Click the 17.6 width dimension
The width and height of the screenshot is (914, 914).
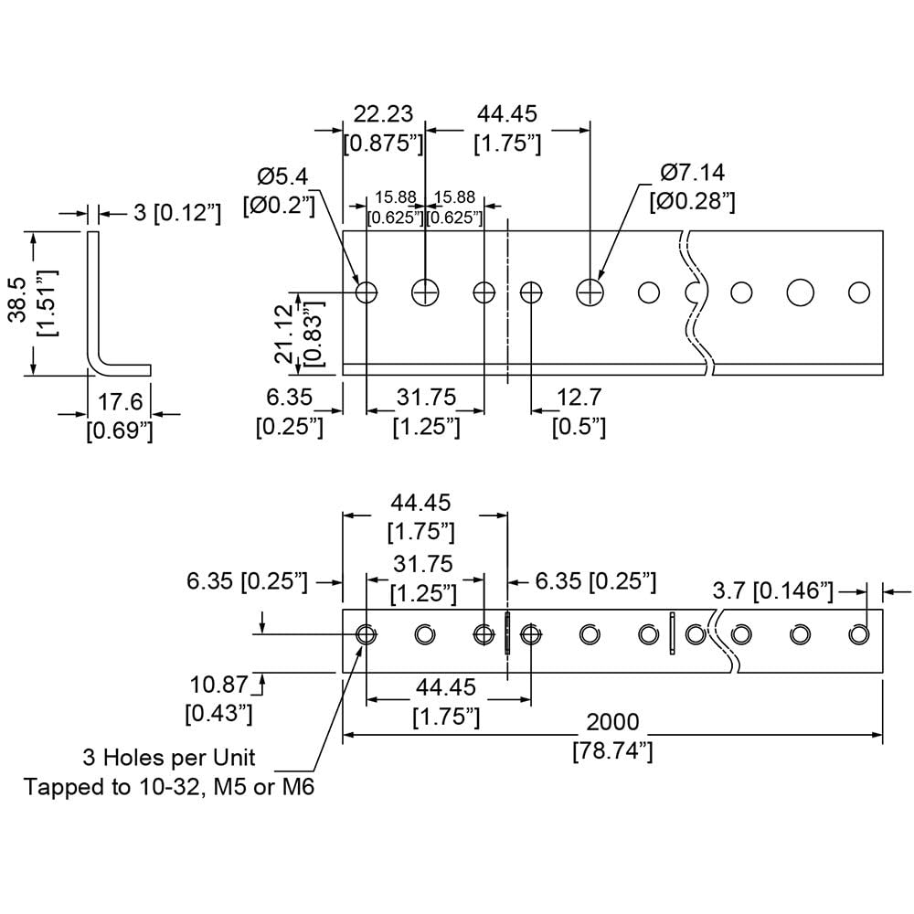point(119,401)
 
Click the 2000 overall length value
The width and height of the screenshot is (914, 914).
point(612,723)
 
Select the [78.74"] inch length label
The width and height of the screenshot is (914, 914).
point(612,751)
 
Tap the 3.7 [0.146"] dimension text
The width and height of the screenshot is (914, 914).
point(772,592)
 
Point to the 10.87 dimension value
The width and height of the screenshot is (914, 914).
point(218,683)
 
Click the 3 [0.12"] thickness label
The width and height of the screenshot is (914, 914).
point(176,214)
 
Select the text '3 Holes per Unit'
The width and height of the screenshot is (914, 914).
point(169,757)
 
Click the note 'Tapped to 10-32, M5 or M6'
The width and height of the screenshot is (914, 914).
point(169,786)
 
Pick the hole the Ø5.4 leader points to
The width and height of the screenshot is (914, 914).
point(367,292)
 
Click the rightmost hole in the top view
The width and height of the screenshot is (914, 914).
point(859,292)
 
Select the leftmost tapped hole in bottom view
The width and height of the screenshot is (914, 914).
point(367,634)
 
